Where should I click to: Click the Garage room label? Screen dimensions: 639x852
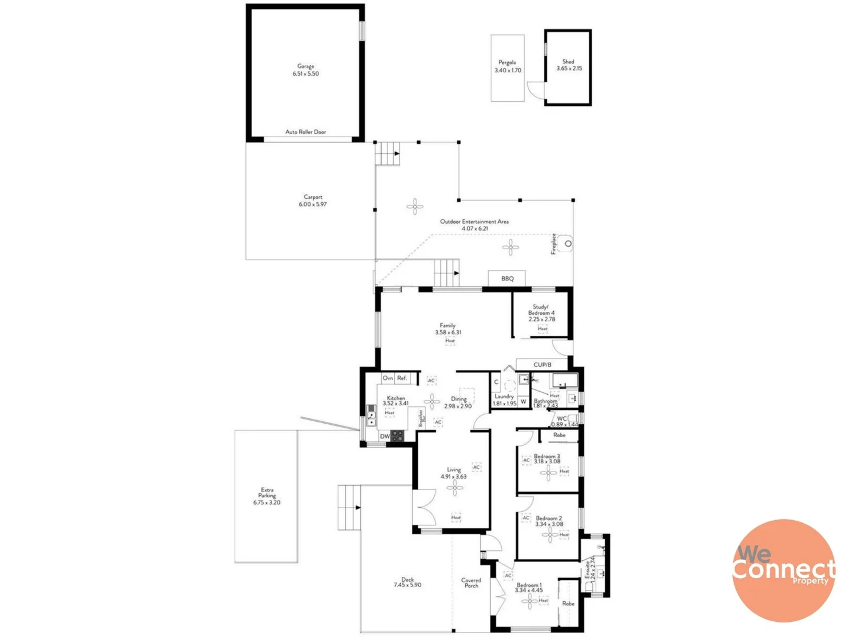coord(305,66)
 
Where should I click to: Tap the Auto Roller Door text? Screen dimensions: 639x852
coord(305,132)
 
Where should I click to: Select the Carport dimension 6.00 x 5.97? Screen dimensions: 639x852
coord(312,205)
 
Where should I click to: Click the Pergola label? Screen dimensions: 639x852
coord(507,62)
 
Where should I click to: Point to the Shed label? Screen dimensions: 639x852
coord(568,62)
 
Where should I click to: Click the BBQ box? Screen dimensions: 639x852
coord(507,279)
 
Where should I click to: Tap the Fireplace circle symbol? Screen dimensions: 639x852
coord(568,244)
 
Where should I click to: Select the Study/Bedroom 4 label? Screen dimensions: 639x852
coord(541,310)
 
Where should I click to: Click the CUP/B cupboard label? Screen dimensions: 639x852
coord(542,365)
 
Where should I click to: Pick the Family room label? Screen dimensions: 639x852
coord(447,325)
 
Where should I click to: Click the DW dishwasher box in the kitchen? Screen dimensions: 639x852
coord(385,437)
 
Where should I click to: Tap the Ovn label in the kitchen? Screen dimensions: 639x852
coord(388,378)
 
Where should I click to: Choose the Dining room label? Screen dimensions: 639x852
coord(459,399)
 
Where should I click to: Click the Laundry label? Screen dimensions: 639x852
coord(504,396)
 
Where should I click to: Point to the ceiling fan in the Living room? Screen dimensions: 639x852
coord(454,488)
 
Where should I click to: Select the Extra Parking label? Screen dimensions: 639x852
coord(267,493)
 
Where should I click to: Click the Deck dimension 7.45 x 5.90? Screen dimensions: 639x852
coord(407,585)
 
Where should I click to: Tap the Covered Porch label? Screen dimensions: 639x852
coord(471,583)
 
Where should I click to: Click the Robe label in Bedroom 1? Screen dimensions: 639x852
coord(568,603)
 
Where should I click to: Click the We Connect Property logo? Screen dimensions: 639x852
coord(783,570)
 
